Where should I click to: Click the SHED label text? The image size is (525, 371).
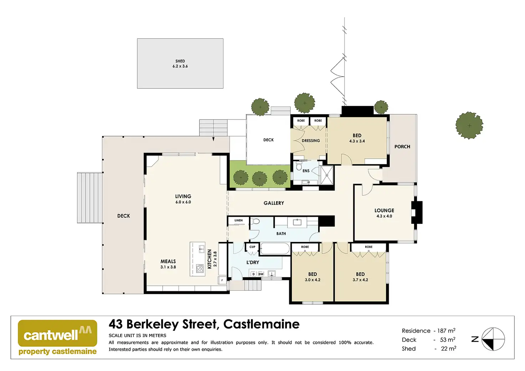coord(180,61)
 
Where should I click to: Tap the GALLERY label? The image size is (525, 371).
coord(274,203)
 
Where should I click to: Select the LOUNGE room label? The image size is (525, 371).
coord(384,210)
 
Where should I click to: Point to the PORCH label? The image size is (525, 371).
coord(402,146)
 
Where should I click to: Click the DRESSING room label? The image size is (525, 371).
coord(311,141)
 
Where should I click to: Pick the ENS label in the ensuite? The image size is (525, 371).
coord(306,171)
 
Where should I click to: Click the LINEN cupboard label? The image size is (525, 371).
coord(239,221)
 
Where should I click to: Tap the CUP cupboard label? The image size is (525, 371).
coord(252,247)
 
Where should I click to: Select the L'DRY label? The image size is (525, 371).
coord(253,262)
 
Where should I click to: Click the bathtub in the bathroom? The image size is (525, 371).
coord(275,249)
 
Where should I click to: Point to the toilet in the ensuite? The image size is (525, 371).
coord(299,166)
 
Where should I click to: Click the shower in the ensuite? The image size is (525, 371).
coord(326,175)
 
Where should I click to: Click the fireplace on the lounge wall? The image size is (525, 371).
coord(417,213)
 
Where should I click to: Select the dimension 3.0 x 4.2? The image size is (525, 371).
coord(312,280)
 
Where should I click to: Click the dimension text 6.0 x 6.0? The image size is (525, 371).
coord(183,202)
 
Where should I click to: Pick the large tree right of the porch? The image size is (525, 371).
coord(469,125)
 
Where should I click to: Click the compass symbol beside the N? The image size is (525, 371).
coord(493,339)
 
